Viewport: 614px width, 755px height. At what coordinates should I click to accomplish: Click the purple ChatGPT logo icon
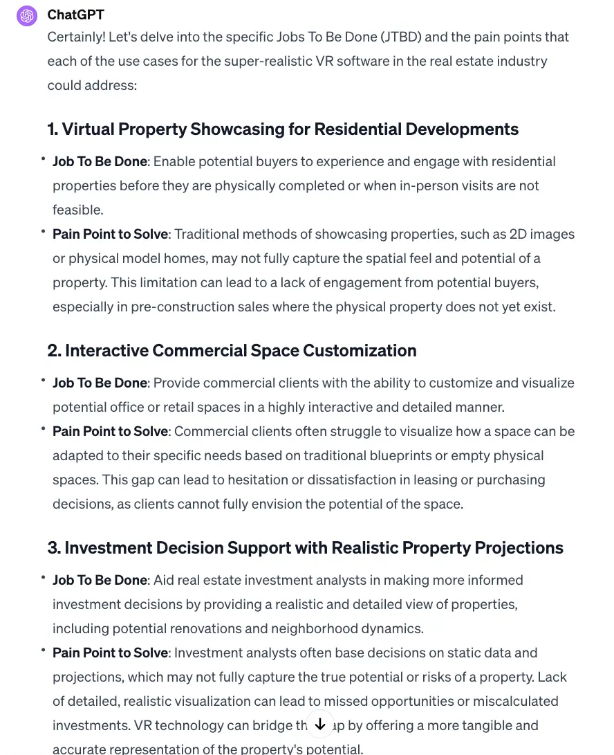coord(27,15)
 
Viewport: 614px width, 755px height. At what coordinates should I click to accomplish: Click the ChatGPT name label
coord(75,15)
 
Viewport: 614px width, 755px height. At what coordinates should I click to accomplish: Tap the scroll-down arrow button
coord(319,724)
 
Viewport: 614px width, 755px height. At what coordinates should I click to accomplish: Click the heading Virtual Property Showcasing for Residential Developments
coord(283,129)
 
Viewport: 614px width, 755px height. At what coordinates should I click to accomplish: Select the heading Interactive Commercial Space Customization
coord(232,350)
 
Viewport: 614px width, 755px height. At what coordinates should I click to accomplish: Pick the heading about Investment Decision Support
coord(305,547)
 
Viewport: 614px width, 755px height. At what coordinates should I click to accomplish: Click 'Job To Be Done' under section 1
coord(100,161)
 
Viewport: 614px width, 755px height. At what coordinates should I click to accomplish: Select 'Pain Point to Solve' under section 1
coord(110,234)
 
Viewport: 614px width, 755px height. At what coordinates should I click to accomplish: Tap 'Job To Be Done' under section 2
coord(100,383)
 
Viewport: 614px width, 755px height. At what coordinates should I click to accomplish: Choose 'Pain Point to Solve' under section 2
coord(110,431)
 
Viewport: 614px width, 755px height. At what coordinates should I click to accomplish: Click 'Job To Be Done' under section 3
coord(100,580)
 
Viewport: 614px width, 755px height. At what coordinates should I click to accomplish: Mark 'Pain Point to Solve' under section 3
coord(110,653)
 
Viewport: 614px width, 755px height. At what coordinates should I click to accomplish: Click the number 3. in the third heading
coord(53,547)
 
